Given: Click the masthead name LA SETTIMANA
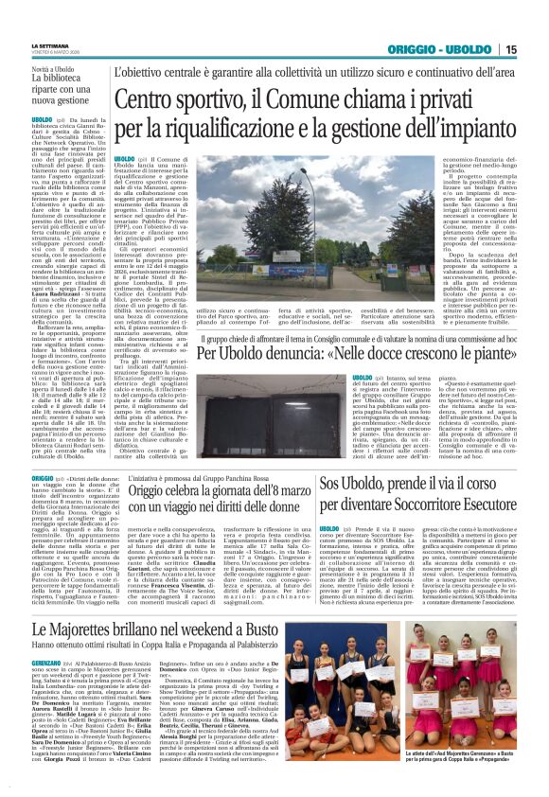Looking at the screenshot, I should [50, 44].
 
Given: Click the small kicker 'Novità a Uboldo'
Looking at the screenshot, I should [53, 69].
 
